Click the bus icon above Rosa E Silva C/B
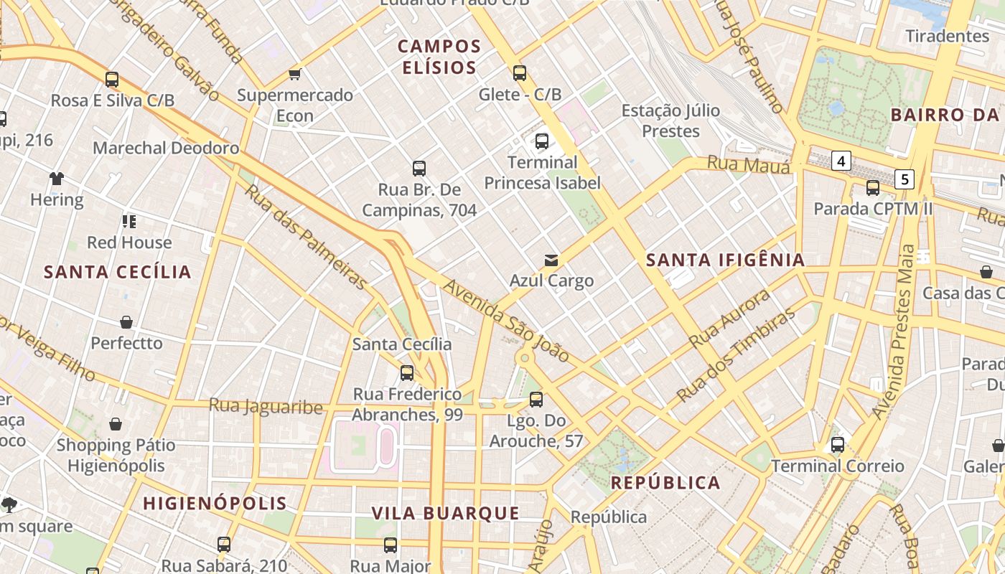[112, 80]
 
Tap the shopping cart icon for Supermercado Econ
[294, 74]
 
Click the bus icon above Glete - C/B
[520, 73]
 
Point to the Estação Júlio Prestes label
[670, 121]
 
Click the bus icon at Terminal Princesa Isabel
[542, 141]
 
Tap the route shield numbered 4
[841, 161]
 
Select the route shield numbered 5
[904, 179]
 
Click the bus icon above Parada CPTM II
[873, 188]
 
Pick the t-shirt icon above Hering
[57, 179]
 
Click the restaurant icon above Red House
[129, 221]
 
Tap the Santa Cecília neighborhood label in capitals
[118, 272]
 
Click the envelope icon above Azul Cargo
[551, 260]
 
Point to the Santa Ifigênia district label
[725, 260]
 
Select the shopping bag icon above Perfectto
[126, 322]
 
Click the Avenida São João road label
[506, 320]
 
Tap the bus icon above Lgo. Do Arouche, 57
[536, 400]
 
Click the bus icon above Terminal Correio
[838, 445]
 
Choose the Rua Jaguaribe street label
[266, 406]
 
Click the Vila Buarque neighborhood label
[445, 513]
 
